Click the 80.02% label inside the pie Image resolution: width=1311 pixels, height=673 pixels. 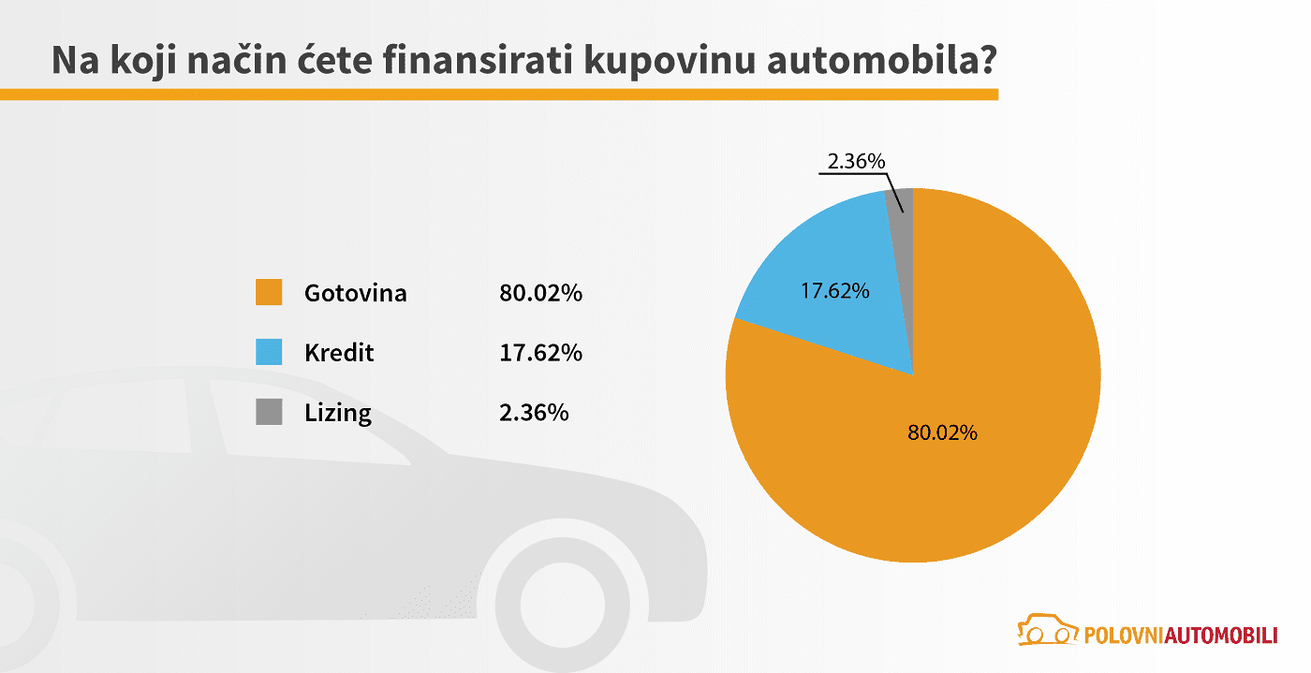coord(942,432)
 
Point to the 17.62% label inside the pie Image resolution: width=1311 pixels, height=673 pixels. coord(834,291)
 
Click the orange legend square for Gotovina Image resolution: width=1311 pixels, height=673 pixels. coord(269,292)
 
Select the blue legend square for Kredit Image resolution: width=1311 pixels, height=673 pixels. coord(269,352)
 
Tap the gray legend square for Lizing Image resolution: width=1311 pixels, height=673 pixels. coord(269,412)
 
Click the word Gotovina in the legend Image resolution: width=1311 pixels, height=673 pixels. coord(355,293)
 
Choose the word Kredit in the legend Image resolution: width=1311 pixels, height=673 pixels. coord(339,353)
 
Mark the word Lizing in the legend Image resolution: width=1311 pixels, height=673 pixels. coord(337,413)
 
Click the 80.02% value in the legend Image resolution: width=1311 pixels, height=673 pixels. coord(540,293)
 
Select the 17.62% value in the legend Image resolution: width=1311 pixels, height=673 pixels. coord(540,353)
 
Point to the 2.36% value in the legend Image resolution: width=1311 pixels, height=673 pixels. coord(534,413)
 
